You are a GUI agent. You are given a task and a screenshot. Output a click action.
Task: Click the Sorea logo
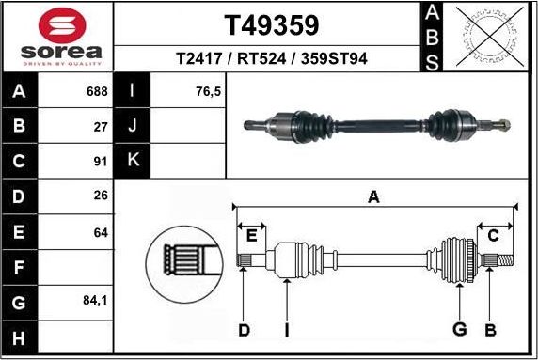[55, 36]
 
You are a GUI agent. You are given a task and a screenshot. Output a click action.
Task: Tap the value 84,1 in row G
[95, 302]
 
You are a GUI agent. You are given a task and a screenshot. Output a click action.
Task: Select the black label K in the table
[133, 160]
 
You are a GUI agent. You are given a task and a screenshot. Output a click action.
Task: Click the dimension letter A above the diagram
[373, 197]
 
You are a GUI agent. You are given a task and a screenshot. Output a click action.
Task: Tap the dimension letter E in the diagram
[251, 235]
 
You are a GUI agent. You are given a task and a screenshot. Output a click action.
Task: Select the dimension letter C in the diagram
[493, 235]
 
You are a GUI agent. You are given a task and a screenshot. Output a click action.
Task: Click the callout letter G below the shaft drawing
[460, 329]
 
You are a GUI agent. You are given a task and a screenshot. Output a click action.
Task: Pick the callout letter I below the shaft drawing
[287, 329]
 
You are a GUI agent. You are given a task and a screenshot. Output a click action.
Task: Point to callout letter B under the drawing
[490, 329]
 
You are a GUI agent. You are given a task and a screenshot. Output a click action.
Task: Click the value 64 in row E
[101, 231]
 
